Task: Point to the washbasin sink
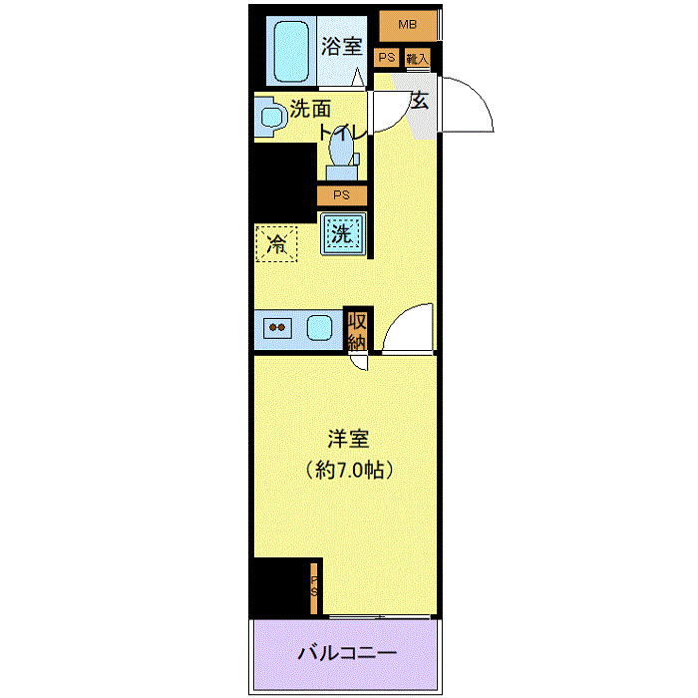[270, 118]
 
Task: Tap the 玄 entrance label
[420, 100]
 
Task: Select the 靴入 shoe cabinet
[417, 59]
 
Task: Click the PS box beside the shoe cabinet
[387, 58]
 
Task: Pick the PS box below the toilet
[341, 195]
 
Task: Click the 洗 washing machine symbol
[342, 236]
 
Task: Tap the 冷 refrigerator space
[276, 242]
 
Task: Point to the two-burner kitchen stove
[277, 328]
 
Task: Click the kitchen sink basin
[320, 328]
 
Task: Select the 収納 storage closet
[356, 329]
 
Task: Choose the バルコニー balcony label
[347, 654]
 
